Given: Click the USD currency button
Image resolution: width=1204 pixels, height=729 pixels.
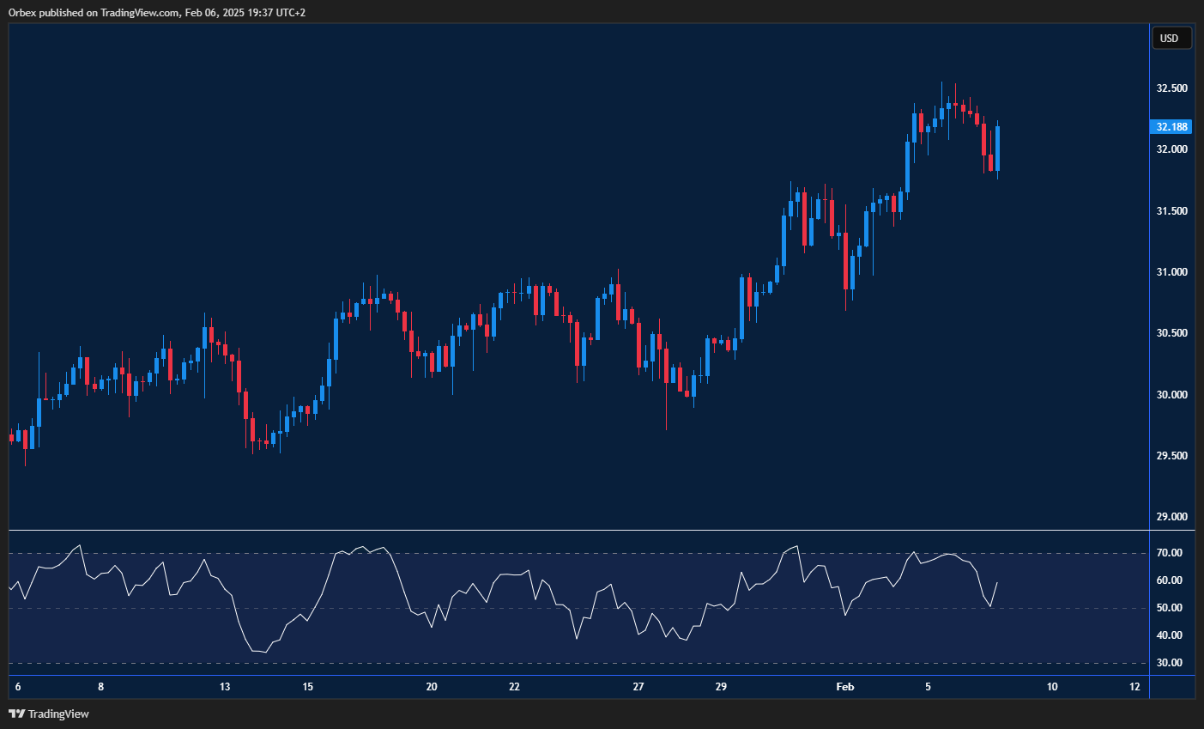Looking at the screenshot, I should (x=1170, y=38).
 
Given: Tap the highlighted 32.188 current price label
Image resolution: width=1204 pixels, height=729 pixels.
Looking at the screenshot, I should (x=1171, y=127).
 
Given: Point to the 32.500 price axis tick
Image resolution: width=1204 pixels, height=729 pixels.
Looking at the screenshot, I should (x=1171, y=88).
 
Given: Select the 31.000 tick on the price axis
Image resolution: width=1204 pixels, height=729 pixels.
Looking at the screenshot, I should (x=1171, y=272).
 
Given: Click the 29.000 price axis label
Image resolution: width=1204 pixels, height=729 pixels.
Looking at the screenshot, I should (x=1171, y=517).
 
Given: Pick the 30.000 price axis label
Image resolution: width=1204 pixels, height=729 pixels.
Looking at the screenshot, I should (x=1171, y=395).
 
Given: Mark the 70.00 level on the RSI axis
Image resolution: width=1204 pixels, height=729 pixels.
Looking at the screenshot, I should (x=1169, y=553).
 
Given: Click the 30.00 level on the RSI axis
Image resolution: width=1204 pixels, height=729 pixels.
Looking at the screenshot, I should (x=1169, y=663).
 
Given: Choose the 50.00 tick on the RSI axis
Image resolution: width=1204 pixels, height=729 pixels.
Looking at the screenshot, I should (x=1169, y=608).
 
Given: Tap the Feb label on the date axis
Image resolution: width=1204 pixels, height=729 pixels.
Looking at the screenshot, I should (x=845, y=687).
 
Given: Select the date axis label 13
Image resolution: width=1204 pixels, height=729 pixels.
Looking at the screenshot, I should (x=225, y=687).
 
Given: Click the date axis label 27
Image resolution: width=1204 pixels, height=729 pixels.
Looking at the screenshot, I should (x=638, y=687).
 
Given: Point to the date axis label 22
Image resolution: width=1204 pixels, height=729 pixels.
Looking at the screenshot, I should (x=514, y=687).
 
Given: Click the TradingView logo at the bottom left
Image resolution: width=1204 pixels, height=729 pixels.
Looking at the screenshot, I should (x=50, y=714).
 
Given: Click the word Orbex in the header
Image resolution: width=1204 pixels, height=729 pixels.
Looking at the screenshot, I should (x=23, y=13).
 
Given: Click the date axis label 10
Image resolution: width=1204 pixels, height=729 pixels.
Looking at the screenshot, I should (x=1052, y=687).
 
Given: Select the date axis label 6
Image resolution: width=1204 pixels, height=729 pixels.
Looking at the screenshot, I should (x=18, y=687).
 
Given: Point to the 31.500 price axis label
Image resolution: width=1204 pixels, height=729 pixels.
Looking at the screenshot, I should (x=1171, y=211).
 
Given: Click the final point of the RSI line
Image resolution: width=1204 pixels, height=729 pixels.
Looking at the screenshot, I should (x=997, y=582).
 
